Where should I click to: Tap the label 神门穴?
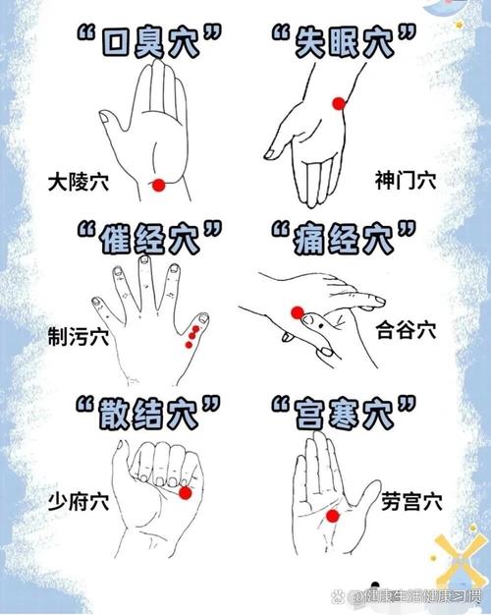point(406,181)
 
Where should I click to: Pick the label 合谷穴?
point(406,332)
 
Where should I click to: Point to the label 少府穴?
point(79,502)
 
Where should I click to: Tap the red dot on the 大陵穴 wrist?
point(158,184)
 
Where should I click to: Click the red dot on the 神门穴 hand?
point(339,102)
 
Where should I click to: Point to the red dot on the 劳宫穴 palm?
point(332,516)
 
